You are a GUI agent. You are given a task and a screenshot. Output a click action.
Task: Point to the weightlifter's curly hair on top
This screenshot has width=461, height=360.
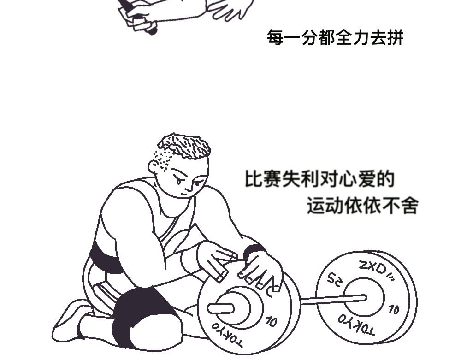[x=185, y=146]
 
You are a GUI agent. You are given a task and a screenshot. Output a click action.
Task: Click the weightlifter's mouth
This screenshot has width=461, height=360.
[x=184, y=194]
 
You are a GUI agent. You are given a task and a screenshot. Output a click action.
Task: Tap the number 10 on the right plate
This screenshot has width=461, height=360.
[x=394, y=309]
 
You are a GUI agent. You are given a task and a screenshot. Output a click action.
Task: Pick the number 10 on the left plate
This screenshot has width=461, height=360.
[x=272, y=321]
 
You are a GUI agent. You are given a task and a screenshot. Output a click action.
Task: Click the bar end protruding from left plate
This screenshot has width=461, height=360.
[x=220, y=308]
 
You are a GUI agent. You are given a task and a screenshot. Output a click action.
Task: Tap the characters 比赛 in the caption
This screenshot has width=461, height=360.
[x=263, y=179]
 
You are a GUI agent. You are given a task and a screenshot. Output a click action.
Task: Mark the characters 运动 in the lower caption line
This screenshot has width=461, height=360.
[x=325, y=205]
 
